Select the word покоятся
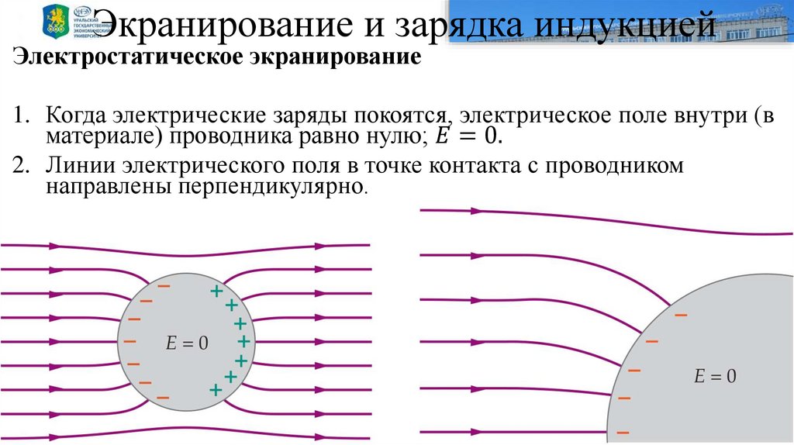point(402,116)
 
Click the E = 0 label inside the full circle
point(187,343)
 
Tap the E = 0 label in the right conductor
point(715,378)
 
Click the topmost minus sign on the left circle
point(164,286)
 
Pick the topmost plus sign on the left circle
point(216,291)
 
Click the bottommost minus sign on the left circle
point(162,398)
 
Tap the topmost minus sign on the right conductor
point(681,315)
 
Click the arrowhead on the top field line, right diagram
point(475,210)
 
